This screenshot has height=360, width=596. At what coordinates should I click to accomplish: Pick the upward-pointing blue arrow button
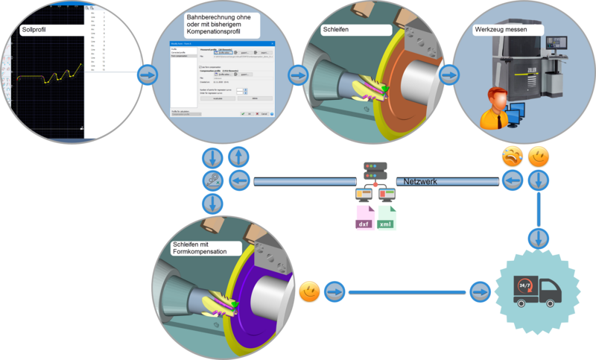236,157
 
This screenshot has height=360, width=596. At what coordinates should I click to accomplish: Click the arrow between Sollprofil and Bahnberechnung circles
148,75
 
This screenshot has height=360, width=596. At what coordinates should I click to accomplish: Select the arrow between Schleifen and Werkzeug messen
448,75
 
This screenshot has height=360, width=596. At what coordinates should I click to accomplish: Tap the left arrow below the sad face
511,180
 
